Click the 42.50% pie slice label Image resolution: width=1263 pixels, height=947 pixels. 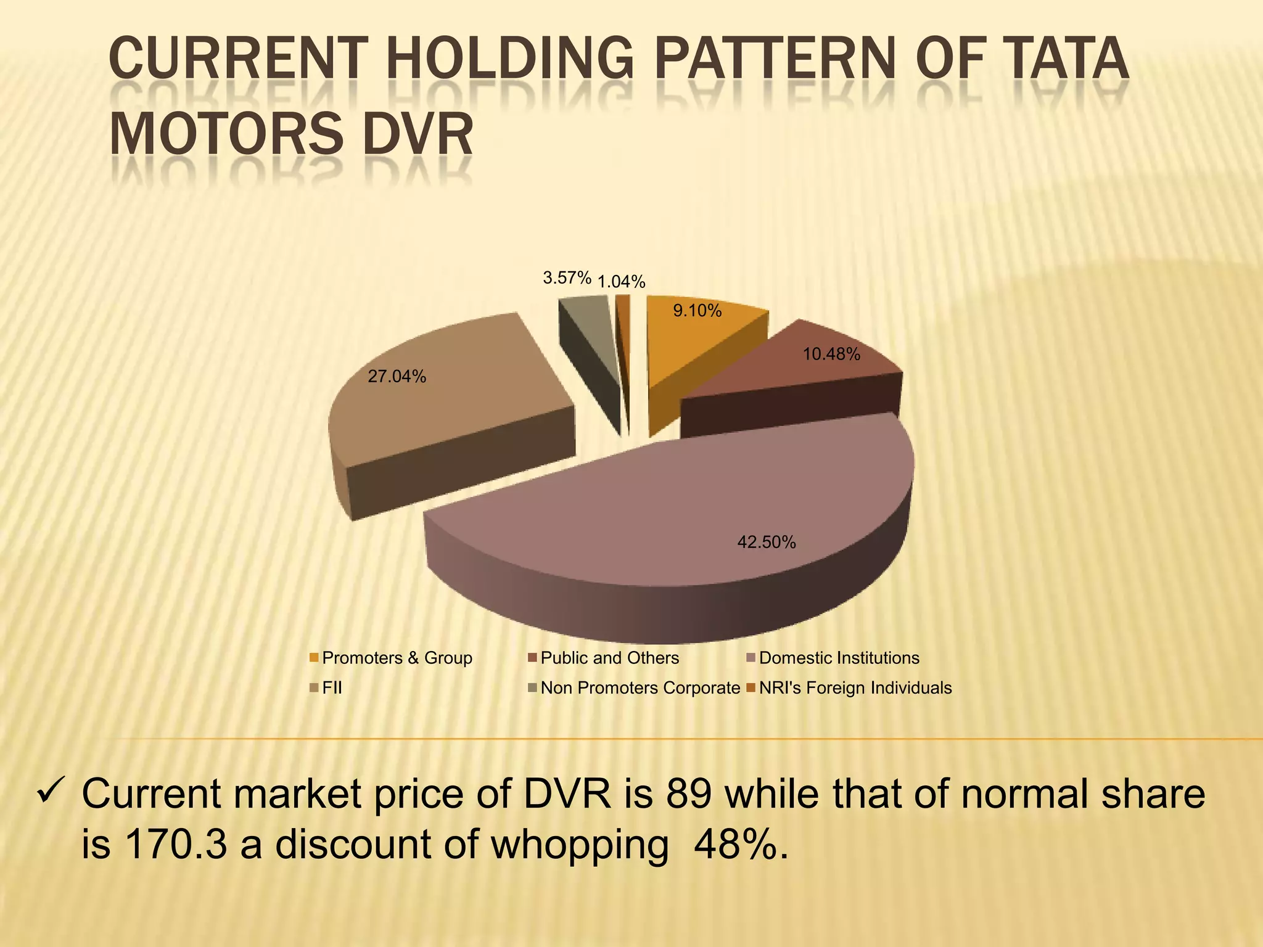tap(767, 543)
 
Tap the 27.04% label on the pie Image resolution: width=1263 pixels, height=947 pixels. tap(397, 377)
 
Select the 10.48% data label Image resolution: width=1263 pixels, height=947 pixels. tap(831, 355)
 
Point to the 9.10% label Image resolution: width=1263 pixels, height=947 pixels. tap(697, 311)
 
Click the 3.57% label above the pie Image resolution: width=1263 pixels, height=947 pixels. tap(567, 278)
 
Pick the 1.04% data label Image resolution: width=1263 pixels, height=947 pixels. tap(622, 282)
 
